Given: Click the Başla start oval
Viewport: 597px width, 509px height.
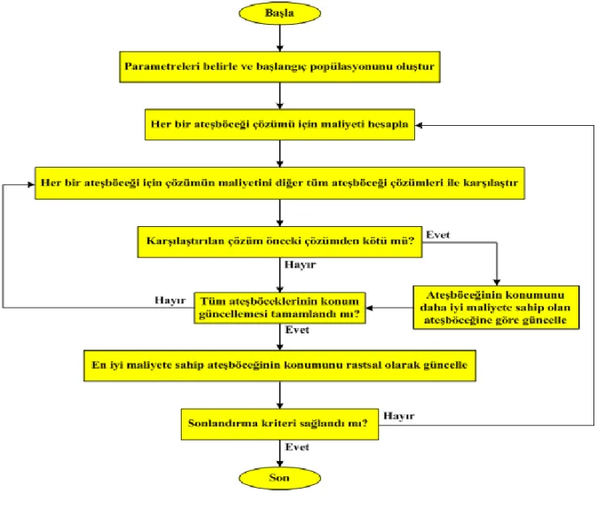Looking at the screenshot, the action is coord(279,13).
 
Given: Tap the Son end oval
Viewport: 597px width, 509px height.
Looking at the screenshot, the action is coord(279,478).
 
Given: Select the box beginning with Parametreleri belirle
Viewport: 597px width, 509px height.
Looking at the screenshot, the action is coord(279,67).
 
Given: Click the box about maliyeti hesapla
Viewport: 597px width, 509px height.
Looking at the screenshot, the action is coord(279,124).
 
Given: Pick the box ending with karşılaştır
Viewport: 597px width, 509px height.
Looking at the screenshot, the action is coord(279,184).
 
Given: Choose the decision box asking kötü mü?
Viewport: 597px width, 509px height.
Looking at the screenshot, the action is coord(279,242).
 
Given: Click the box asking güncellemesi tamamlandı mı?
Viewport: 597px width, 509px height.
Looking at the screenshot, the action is coord(279,308).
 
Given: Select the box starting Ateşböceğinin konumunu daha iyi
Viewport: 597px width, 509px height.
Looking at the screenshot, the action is coord(496,307).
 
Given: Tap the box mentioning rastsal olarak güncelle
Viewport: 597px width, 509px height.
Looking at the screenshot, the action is coord(279,365).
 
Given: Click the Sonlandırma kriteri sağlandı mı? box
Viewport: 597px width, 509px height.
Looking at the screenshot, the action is coord(279,424).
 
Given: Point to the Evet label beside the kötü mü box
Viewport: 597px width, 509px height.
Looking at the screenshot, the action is coord(438,235).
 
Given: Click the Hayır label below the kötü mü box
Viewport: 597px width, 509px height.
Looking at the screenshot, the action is coord(300,264).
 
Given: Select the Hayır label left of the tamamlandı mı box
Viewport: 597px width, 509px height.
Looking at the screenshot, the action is coord(169,301).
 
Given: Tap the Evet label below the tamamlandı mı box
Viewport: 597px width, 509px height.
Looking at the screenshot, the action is coord(297,330).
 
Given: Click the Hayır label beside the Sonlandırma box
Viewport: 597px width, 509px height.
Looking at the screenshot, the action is coord(398,416).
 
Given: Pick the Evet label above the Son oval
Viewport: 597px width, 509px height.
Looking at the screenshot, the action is coord(297,447).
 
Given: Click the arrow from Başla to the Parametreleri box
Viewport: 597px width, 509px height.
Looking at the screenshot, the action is coord(279,38).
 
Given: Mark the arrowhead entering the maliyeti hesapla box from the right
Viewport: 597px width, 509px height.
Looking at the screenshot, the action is coord(419,125).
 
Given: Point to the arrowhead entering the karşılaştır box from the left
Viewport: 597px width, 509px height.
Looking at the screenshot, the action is coord(31,184).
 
